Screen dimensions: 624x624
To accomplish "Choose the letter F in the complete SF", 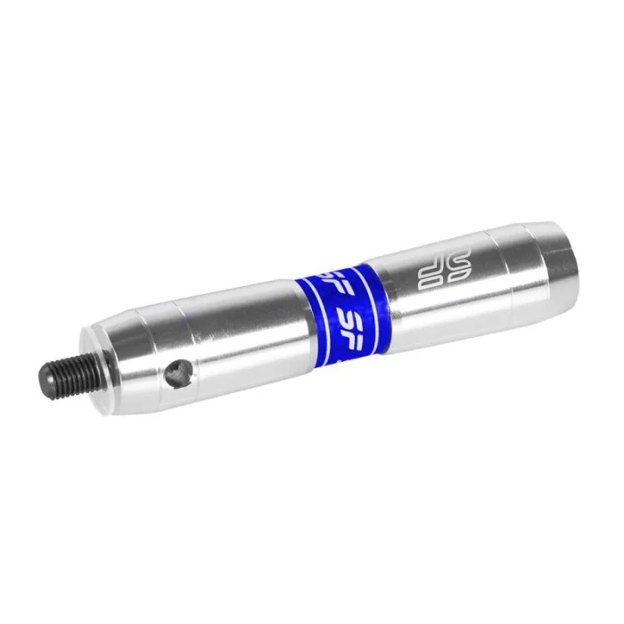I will click(362, 315).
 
